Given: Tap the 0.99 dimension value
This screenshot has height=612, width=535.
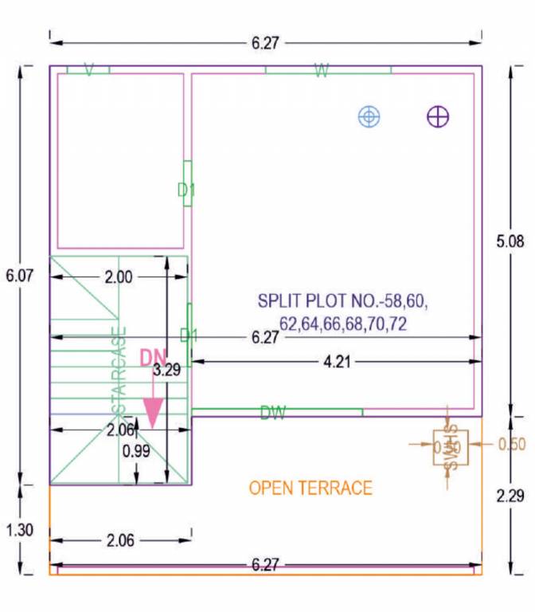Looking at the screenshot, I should (137, 451).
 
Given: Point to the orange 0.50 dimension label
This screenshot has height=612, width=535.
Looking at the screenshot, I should (511, 445).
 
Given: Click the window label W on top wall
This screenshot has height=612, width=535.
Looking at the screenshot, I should (322, 71).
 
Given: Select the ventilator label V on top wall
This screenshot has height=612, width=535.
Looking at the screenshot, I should (88, 71).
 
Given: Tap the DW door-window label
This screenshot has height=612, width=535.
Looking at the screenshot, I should (272, 412).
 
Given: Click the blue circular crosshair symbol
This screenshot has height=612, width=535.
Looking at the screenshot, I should (369, 117).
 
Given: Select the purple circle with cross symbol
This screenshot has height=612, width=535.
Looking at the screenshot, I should (438, 117).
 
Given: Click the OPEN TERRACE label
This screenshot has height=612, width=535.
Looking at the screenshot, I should (310, 488).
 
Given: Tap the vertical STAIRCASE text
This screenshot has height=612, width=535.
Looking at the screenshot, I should (119, 370).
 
